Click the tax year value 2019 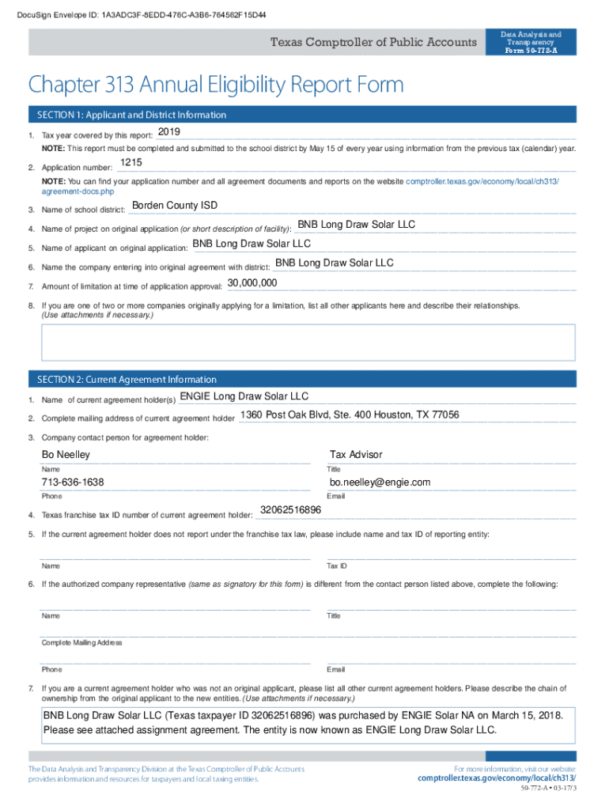click(x=169, y=131)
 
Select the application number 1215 click(x=131, y=162)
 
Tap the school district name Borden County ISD click(x=174, y=206)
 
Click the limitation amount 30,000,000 click(x=252, y=282)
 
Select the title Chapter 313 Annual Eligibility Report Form click(x=216, y=85)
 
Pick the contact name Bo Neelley click(x=66, y=455)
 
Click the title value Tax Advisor click(x=356, y=455)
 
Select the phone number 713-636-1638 click(x=73, y=483)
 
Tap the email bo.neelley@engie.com click(x=380, y=483)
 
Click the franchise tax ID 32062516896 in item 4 click(x=290, y=510)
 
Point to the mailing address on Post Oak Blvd click(x=350, y=415)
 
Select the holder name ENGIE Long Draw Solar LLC click(x=244, y=396)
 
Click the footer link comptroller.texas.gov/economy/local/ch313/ click(x=496, y=778)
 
